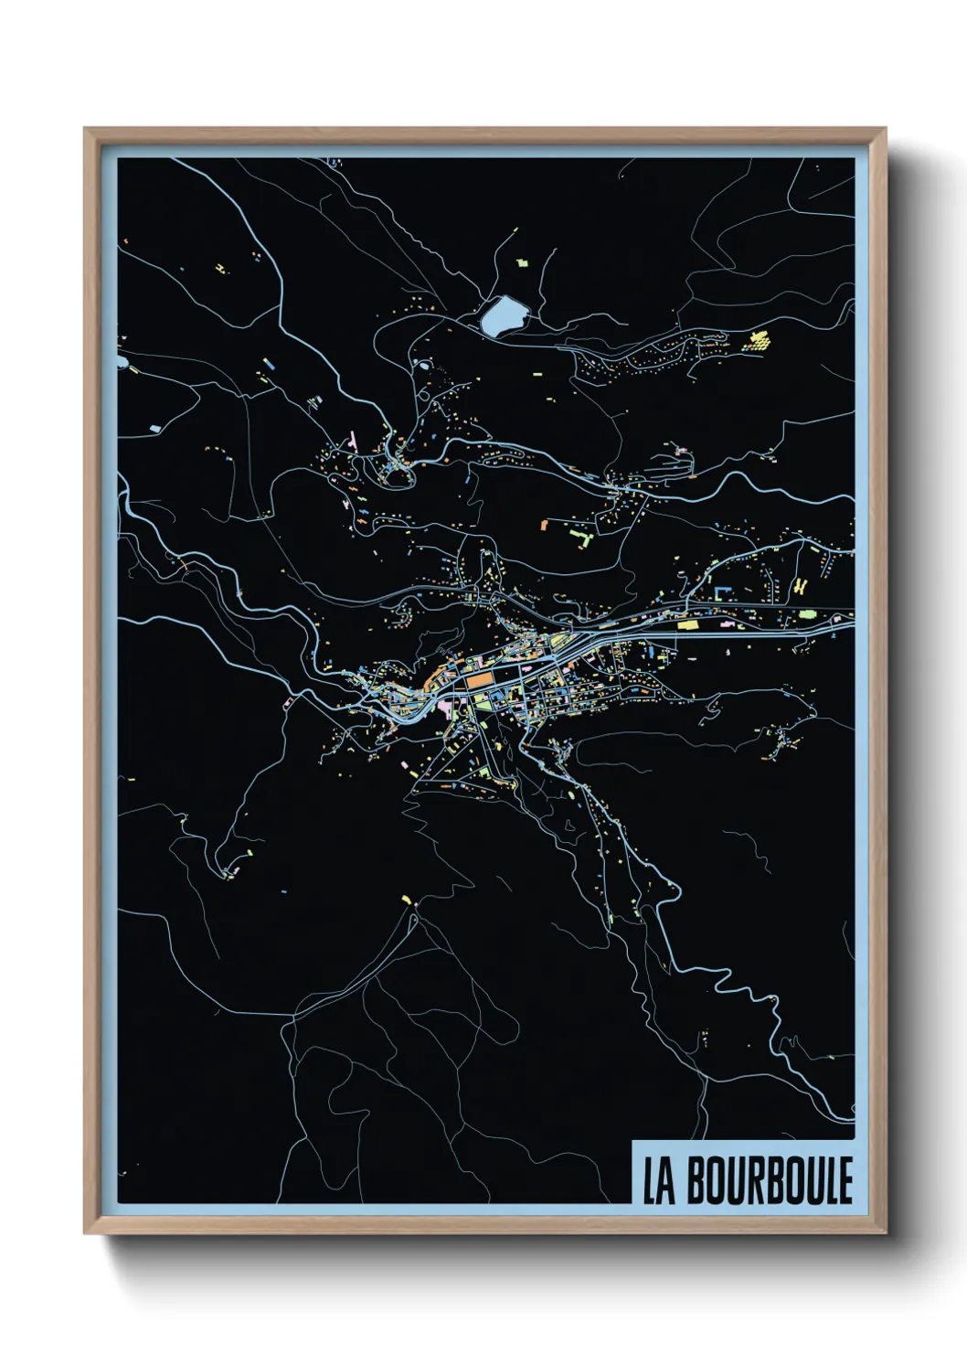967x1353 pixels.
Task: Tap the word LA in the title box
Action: [658, 1181]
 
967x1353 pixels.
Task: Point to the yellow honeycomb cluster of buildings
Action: [759, 341]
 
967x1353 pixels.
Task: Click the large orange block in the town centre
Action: [477, 681]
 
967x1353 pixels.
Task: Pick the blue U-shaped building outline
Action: [723, 592]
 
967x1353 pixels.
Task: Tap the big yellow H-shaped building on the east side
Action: [801, 586]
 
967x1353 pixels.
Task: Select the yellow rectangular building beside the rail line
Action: [687, 625]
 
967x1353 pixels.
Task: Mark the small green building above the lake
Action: [522, 262]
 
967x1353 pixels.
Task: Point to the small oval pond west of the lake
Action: [422, 364]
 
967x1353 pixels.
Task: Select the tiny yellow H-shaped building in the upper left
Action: [220, 268]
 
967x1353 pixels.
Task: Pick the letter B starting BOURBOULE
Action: [696, 1180]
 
